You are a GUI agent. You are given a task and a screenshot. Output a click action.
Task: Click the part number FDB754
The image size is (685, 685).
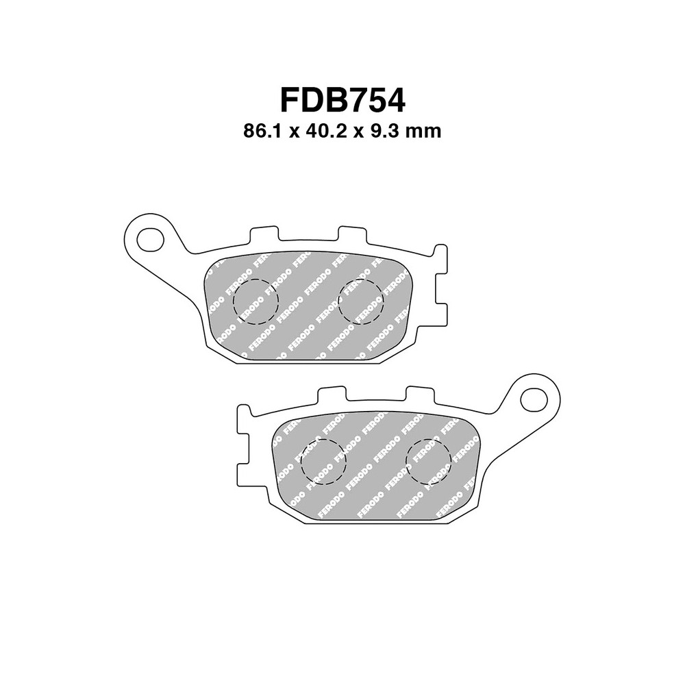point(342,100)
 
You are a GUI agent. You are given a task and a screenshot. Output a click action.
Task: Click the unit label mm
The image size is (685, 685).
point(423,132)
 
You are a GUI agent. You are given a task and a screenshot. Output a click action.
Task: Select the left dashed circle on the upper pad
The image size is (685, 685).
point(256,301)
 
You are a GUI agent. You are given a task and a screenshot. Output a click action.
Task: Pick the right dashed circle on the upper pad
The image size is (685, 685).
point(361,301)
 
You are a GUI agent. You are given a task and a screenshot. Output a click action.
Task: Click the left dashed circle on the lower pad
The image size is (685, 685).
point(323,460)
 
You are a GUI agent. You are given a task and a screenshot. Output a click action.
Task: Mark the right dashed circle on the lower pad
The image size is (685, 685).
point(428,460)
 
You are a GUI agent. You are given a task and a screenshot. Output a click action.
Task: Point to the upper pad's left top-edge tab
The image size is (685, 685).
point(264,234)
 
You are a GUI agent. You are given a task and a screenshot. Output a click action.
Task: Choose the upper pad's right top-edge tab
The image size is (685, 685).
point(353,234)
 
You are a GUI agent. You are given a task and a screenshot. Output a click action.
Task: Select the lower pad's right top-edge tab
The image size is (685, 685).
point(420,394)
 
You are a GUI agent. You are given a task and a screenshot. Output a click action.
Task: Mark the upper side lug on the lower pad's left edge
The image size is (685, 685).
point(242,419)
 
